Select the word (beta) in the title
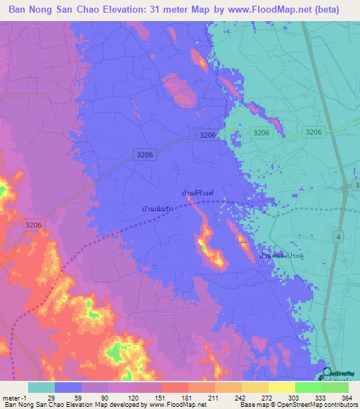pyautogui.click(x=327, y=10)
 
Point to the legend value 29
pyautogui.click(x=51, y=398)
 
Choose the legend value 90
pyautogui.click(x=104, y=398)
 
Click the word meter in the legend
pyautogui.click(x=11, y=398)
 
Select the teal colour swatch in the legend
pyautogui.click(x=41, y=387)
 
